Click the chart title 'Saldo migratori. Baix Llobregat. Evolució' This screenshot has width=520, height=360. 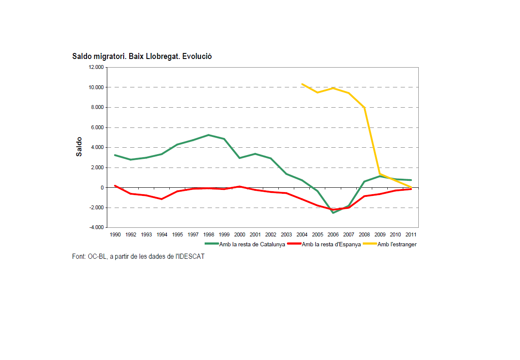[x=142, y=56]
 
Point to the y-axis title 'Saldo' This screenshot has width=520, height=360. [x=79, y=147]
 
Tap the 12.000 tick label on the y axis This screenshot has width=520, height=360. [x=97, y=68]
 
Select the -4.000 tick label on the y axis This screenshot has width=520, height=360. [x=97, y=227]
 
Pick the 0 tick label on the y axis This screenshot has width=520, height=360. [x=102, y=188]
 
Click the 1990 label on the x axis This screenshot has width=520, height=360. [x=115, y=235]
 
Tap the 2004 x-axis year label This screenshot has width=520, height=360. [x=302, y=235]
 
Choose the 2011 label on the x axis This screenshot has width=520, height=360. [x=411, y=235]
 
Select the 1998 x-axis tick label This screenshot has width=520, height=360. [x=209, y=235]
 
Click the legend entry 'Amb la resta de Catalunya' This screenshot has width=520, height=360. [x=252, y=245]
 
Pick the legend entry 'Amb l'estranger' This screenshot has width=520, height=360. [x=397, y=245]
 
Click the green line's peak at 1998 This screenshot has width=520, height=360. [x=209, y=135]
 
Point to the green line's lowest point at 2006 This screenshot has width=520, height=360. [x=333, y=213]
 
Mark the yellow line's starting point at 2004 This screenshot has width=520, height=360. [x=302, y=84]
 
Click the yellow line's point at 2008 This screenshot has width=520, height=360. [x=364, y=107]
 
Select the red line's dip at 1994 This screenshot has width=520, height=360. [x=162, y=199]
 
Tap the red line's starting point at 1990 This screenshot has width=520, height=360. [x=115, y=186]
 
